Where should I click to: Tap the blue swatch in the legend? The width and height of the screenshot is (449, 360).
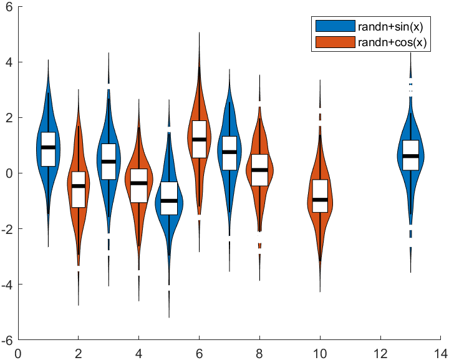[335, 26]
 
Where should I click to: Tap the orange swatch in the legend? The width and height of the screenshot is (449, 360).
[335, 42]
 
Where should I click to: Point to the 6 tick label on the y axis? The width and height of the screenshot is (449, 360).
[11, 6]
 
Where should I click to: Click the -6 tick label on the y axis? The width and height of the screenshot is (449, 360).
[9, 341]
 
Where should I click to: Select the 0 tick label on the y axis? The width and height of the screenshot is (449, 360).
[11, 173]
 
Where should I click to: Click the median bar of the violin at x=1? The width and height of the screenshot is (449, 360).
[48, 147]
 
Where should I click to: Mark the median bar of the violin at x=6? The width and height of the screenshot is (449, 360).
[199, 139]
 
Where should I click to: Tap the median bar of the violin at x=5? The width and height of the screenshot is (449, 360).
[169, 201]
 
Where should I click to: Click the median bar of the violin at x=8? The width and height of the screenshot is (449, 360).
[259, 170]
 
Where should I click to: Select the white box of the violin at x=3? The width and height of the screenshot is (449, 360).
[109, 153]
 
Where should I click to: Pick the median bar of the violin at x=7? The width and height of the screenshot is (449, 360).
[229, 152]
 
